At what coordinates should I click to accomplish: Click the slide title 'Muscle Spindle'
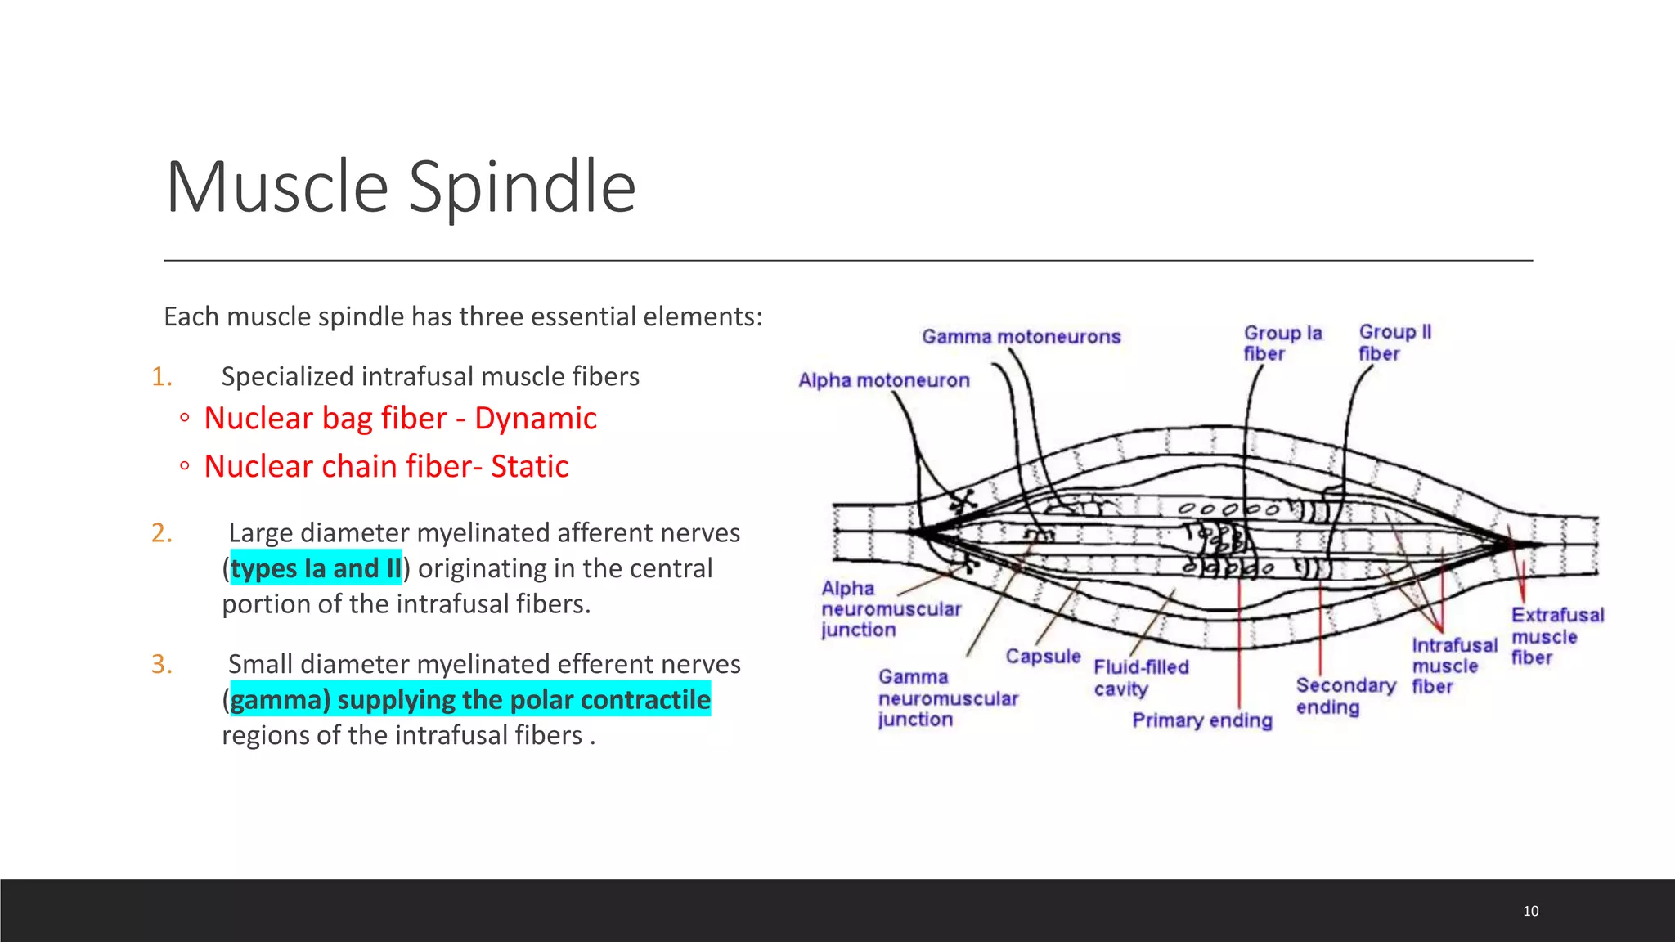point(400,187)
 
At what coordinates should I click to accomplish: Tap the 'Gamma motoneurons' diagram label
point(1021,337)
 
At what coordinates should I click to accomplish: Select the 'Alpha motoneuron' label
point(883,380)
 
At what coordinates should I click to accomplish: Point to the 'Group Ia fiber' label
point(1282,343)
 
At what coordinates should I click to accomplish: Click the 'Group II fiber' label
point(1394,343)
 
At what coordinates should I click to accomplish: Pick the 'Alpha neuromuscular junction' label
point(890,609)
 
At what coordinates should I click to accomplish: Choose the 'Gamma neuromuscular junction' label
point(947,698)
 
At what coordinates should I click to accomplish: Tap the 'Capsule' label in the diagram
point(1043,657)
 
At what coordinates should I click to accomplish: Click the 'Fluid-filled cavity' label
point(1140,678)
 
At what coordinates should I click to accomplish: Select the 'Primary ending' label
point(1201,720)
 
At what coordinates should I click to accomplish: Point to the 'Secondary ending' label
point(1345,696)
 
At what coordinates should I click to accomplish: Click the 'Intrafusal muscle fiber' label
point(1453,666)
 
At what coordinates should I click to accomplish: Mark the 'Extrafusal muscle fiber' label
point(1556,636)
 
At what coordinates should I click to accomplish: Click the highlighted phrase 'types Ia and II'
point(316,568)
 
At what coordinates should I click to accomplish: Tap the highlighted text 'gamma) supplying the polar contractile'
point(469,700)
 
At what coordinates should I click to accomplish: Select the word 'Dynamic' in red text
point(536,419)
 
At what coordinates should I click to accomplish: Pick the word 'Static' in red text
point(529,467)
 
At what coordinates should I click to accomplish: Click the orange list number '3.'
point(162,664)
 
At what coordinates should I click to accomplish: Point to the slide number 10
point(1530,911)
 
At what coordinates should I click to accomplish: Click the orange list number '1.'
point(162,377)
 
